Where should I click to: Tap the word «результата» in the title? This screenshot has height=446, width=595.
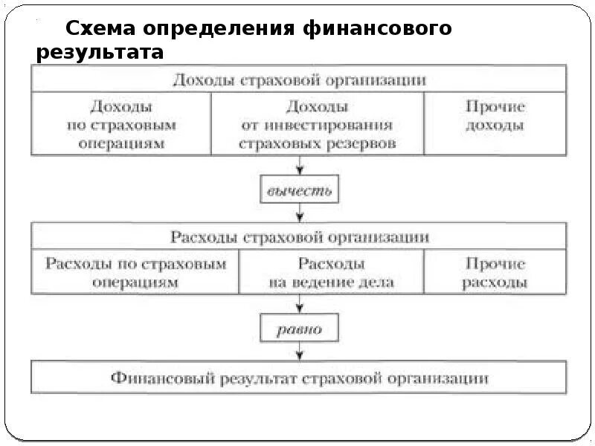(100, 54)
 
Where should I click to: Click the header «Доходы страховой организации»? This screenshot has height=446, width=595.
(299, 80)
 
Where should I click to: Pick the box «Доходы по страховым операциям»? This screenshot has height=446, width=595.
(121, 125)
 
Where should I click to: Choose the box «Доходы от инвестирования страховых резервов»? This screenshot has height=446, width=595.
(318, 125)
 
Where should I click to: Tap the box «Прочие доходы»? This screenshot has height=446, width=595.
(495, 117)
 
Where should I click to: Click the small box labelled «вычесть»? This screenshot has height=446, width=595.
(299, 191)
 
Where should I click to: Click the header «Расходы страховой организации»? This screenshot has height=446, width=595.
(299, 237)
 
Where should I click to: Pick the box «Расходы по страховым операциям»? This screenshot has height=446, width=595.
(135, 273)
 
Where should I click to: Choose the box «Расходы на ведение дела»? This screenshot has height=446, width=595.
(331, 273)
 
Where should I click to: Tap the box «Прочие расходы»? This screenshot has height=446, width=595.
(495, 273)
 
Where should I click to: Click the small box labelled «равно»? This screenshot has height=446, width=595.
(299, 329)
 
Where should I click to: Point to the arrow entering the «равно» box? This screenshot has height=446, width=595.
(299, 303)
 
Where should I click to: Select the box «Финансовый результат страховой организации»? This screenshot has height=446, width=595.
(299, 378)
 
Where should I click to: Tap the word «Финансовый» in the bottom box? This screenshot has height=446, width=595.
(161, 378)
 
